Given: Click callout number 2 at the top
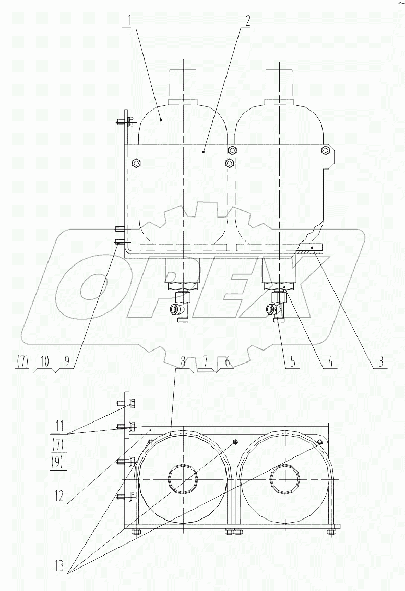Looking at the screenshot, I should tap(247, 22).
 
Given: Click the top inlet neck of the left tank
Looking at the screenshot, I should tap(183, 87).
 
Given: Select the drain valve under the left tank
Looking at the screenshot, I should tap(183, 310).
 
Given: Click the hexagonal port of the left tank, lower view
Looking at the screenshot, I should tap(183, 479).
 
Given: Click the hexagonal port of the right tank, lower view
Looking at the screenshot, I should tap(285, 479).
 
